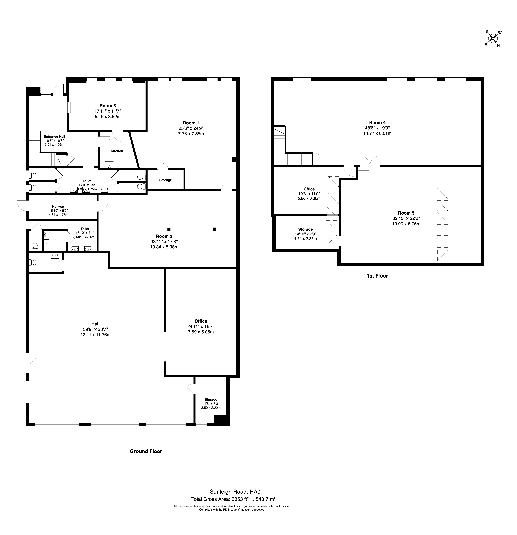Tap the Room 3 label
point(108,106)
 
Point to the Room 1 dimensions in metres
point(191,134)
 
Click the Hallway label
point(58,207)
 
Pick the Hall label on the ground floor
point(96,324)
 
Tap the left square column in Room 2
point(169,229)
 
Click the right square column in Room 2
point(214,229)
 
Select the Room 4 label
point(377,123)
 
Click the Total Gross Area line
point(233,499)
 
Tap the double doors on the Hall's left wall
point(32,363)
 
